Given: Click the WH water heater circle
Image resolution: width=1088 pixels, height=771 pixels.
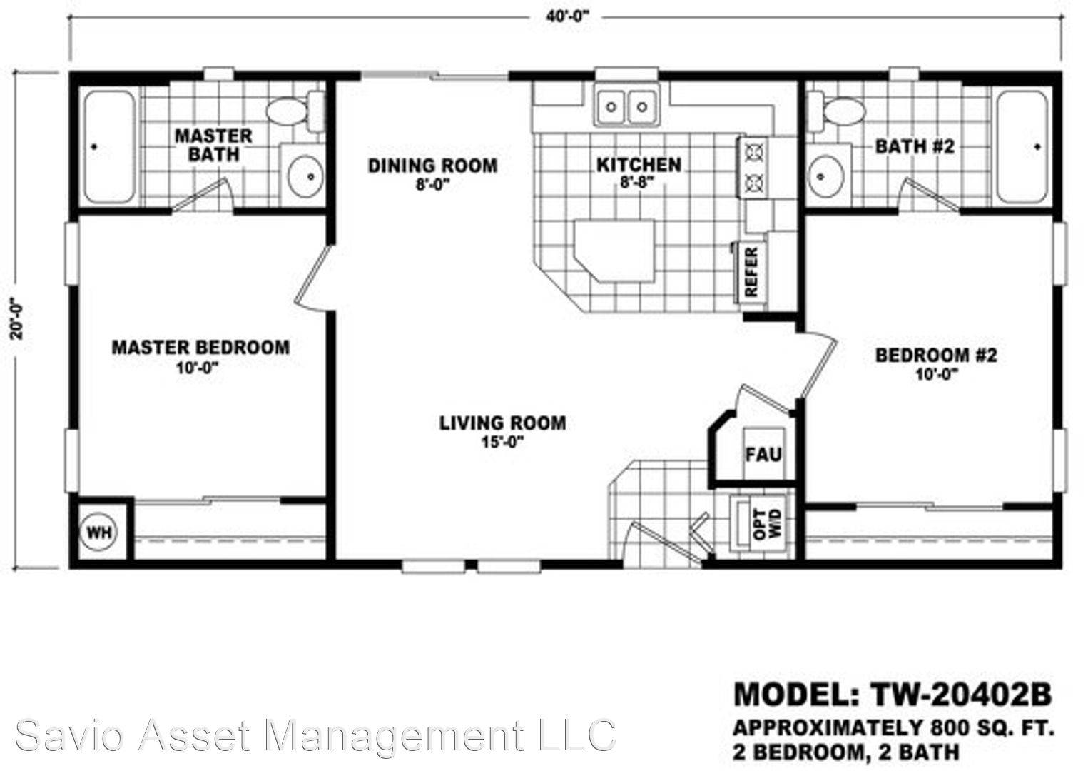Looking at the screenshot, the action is point(99,532).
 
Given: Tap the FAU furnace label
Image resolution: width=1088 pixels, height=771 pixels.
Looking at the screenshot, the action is point(763,455).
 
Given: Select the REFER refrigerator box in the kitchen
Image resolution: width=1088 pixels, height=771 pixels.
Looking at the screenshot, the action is point(751,273).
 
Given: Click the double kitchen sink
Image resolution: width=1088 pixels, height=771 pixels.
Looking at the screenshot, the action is point(626,106).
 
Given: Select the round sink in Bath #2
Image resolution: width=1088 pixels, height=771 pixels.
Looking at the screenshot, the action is point(825,176).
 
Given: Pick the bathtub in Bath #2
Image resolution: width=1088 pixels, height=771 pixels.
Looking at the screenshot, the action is point(1022,146).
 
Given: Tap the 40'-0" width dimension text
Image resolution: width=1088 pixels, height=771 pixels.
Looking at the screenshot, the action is point(566,16).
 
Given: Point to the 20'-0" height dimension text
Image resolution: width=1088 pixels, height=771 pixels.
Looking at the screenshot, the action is point(17,318).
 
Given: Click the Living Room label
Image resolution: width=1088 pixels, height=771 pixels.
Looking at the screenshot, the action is point(503,423).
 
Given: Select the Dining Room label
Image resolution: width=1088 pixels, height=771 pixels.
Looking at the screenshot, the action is point(433,166).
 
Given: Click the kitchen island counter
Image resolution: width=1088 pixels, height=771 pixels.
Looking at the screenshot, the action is point(614,251).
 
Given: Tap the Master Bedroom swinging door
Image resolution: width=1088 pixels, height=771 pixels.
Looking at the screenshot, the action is point(314,277).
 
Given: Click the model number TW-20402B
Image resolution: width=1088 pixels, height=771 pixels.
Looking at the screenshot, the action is point(961,695).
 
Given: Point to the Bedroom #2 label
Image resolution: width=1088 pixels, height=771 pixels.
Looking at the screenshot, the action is point(936,356).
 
